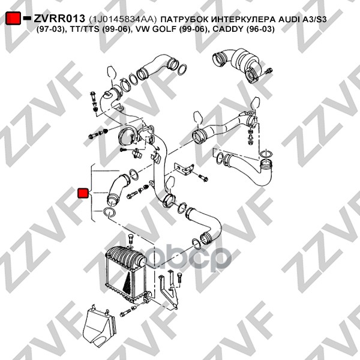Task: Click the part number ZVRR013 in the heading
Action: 59,19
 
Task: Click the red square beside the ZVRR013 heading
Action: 13,18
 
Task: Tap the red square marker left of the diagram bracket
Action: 83,193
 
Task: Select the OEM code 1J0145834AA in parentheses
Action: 122,19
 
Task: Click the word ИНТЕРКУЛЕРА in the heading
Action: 244,19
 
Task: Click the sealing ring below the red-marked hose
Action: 109,212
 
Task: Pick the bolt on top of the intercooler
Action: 130,240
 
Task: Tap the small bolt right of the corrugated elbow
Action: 269,71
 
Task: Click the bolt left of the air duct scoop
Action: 126,312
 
